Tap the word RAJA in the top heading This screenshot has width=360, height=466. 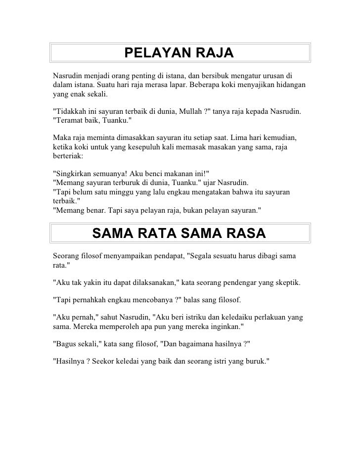click(x=210, y=52)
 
